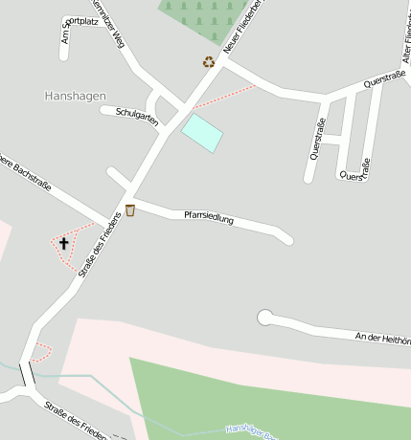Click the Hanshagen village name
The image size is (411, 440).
click(x=75, y=96)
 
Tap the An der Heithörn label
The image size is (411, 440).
click(x=382, y=338)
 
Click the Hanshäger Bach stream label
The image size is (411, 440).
click(x=251, y=433)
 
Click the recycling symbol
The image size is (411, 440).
click(x=209, y=62)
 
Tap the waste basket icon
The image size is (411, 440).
click(x=129, y=210)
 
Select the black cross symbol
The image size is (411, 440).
click(x=64, y=243)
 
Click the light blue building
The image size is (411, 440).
click(x=202, y=132)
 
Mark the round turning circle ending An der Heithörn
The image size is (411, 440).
click(x=265, y=317)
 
